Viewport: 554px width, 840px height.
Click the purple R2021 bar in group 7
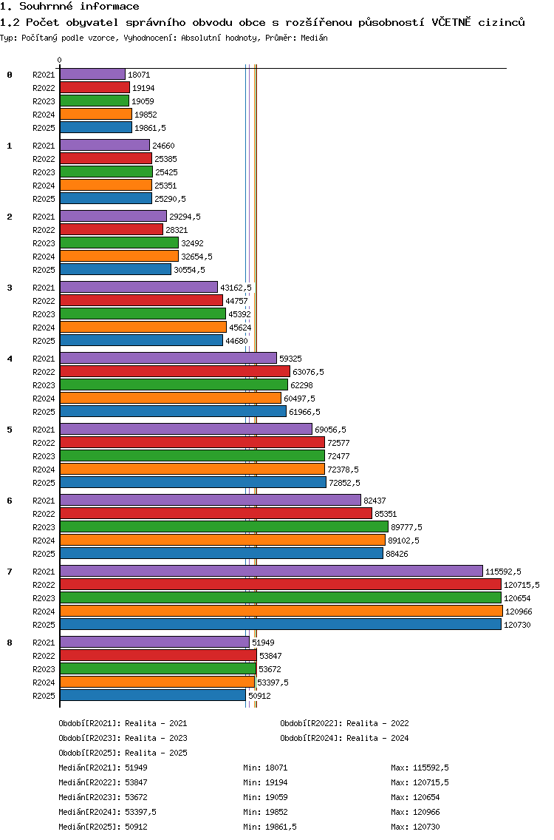click(x=271, y=571)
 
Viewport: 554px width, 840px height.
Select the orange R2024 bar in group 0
click(x=96, y=115)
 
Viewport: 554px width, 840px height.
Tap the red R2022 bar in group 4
click(x=174, y=372)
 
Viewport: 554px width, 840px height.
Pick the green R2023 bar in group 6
click(x=224, y=527)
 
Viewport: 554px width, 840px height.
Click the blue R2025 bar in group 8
click(x=152, y=696)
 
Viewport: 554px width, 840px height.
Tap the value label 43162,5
click(x=236, y=288)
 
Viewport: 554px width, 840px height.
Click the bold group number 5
click(x=10, y=430)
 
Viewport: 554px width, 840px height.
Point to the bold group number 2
click(x=10, y=217)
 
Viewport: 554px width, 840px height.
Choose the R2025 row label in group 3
click(x=44, y=341)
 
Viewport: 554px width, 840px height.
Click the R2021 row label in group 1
click(x=44, y=146)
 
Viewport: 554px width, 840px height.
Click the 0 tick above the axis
click(x=60, y=61)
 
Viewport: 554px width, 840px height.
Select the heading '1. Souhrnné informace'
click(x=69, y=7)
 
